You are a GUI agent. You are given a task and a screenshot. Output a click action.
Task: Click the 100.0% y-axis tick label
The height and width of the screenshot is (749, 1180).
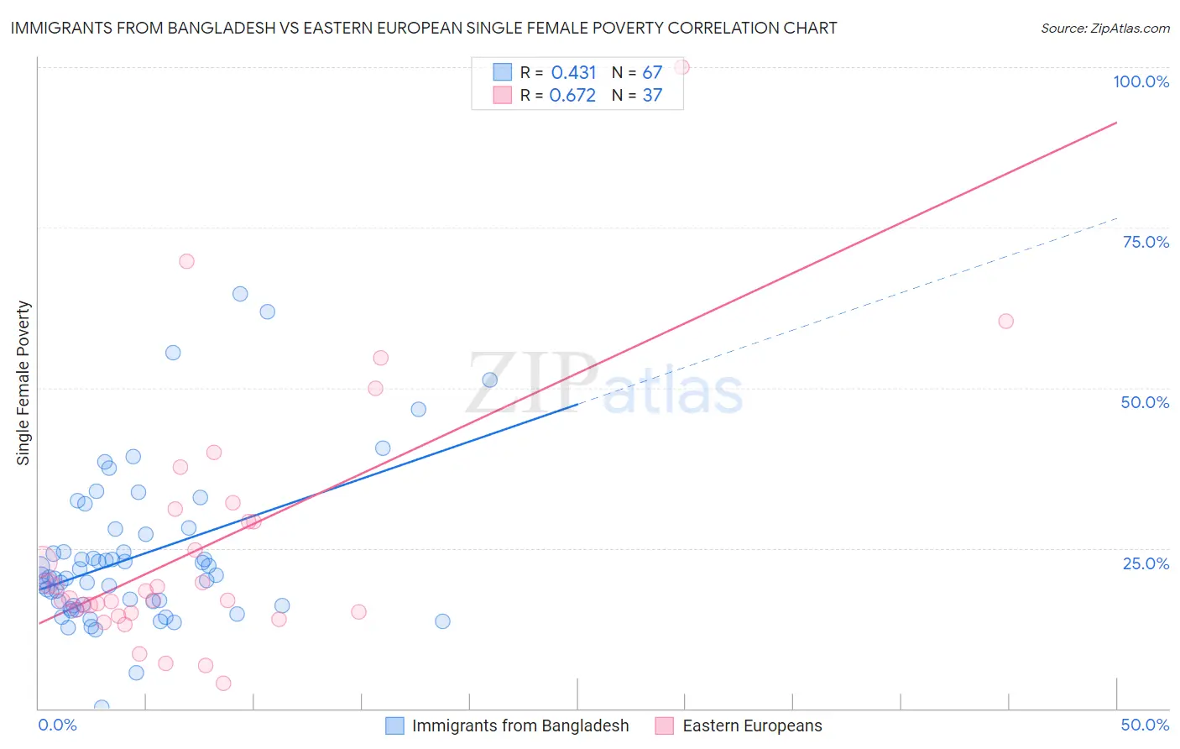click(x=1141, y=81)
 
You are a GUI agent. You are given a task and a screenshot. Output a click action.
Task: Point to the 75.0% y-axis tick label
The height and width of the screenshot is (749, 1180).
click(x=1145, y=242)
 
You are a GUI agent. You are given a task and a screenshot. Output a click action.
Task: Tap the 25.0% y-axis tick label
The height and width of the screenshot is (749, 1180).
click(x=1145, y=563)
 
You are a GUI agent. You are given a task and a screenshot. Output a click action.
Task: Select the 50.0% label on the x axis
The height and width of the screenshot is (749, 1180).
click(x=1145, y=725)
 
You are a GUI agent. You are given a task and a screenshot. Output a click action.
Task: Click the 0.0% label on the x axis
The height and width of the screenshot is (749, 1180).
click(x=57, y=725)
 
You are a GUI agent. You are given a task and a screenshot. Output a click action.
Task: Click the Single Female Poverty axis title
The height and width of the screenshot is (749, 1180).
click(x=23, y=383)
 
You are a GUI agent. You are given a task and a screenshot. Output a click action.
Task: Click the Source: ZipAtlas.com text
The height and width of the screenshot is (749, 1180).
click(x=1104, y=28)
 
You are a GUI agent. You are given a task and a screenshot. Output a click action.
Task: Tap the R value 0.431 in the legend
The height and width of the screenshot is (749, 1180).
click(x=573, y=73)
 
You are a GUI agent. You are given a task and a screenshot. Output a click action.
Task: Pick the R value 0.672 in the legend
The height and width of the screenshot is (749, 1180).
click(x=572, y=96)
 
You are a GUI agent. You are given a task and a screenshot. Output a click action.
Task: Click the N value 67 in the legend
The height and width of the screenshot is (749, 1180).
click(x=652, y=73)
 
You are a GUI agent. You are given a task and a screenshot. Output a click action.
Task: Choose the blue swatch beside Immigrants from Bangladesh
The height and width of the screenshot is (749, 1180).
click(x=394, y=725)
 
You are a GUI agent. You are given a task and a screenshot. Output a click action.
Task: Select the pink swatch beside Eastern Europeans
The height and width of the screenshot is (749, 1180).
click(x=665, y=725)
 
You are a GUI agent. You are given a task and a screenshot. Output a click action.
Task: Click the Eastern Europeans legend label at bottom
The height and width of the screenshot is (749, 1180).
click(x=752, y=725)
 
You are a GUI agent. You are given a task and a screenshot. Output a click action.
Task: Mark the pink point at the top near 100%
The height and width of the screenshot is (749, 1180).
click(x=681, y=67)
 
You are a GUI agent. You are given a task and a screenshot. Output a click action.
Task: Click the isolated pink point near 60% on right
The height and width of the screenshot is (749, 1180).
click(x=1005, y=321)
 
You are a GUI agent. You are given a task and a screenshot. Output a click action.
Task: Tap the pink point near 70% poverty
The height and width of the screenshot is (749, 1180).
click(x=186, y=261)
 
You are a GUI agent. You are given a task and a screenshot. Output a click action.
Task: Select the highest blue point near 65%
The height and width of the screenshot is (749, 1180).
click(x=240, y=294)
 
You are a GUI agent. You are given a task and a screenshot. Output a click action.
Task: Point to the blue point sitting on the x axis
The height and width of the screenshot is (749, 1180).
click(x=102, y=707)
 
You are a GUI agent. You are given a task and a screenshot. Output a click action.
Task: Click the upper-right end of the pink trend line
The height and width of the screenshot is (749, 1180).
click(x=1115, y=123)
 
